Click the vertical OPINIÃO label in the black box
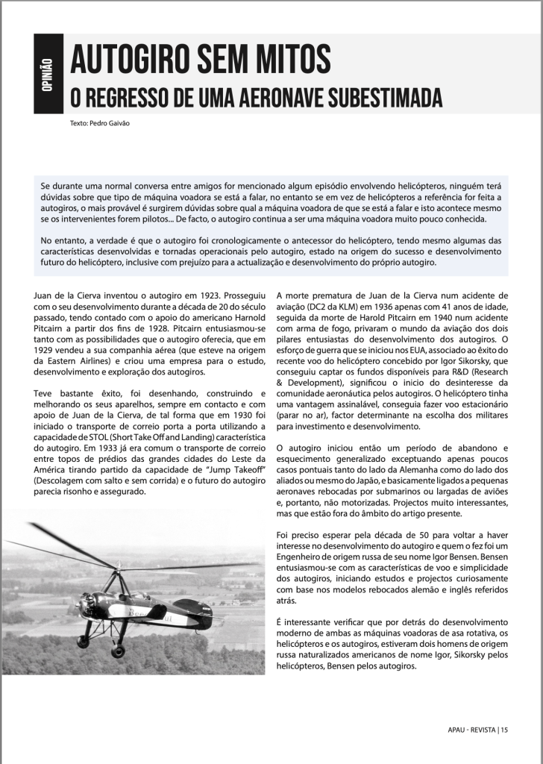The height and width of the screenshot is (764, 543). coord(47,75)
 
